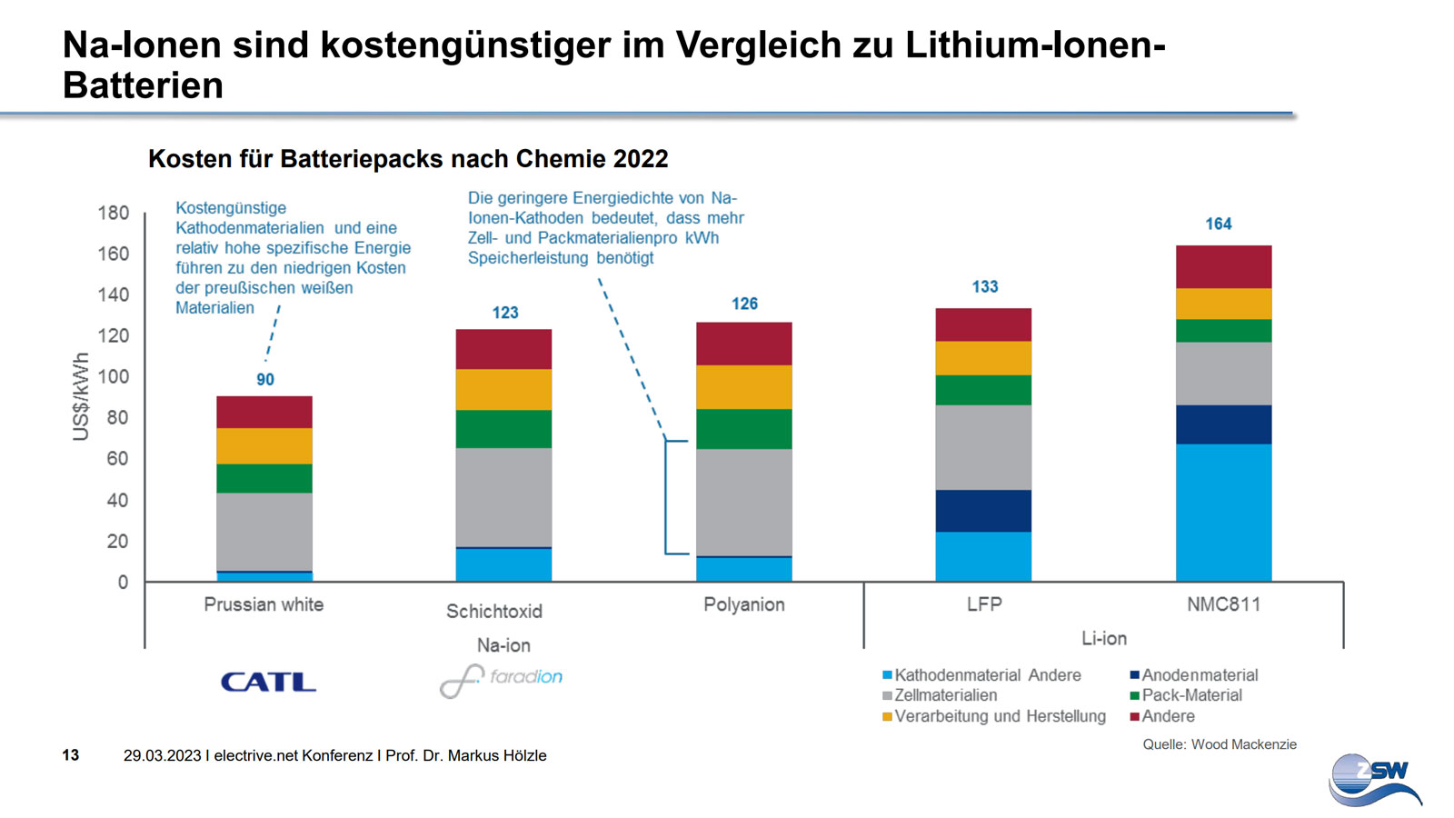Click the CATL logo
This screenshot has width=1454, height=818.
[x=268, y=682]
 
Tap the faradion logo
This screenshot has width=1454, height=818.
[x=501, y=679]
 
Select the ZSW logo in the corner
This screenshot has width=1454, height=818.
[x=1375, y=779]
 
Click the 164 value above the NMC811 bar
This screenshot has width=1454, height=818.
[x=1218, y=224]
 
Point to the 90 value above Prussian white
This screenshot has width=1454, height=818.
[x=264, y=379]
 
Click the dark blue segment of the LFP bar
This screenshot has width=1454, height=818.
[x=983, y=511]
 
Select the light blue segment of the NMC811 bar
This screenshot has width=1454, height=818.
[x=1223, y=512]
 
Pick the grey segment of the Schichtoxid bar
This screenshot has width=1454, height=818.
[x=503, y=497]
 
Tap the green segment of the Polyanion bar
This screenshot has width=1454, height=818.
[x=743, y=429]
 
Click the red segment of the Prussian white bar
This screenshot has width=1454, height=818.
[x=264, y=412]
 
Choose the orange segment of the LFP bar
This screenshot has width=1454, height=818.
[x=983, y=358]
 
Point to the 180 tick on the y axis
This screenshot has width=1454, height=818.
[x=114, y=213]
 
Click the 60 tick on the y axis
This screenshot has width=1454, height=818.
[x=118, y=459]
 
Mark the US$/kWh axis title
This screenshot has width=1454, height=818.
[x=81, y=396]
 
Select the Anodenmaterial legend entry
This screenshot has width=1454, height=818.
[x=1199, y=675]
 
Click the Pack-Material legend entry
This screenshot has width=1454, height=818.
[x=1190, y=695]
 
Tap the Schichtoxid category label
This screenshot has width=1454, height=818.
[x=494, y=612]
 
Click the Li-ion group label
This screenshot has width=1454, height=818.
[x=1104, y=638]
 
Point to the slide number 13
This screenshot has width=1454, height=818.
[x=71, y=755]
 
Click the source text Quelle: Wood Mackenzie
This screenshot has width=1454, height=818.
[x=1219, y=744]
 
